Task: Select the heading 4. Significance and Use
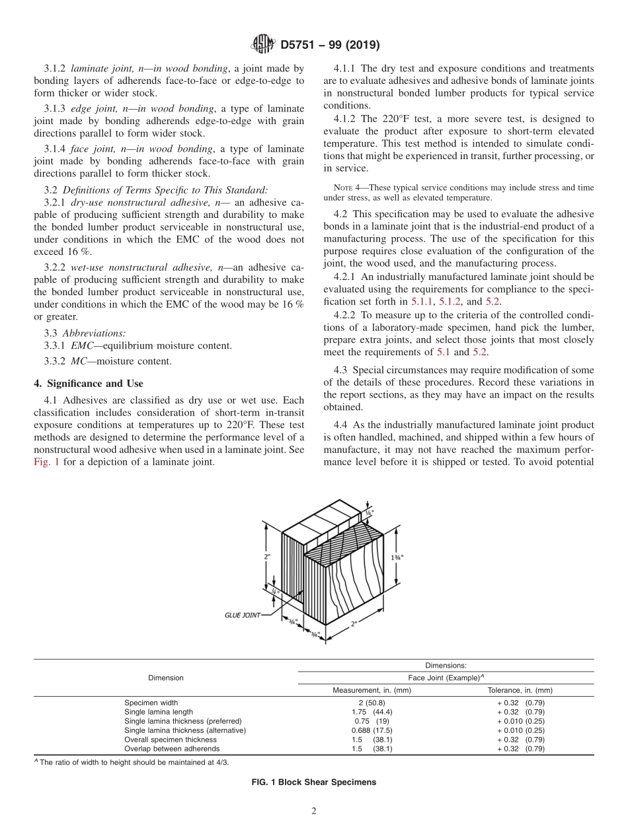[x=89, y=383]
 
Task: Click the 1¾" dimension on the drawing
[x=397, y=557]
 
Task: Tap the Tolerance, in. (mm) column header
[x=520, y=690]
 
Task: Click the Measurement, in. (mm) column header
[x=372, y=690]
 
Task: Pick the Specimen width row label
[x=151, y=703]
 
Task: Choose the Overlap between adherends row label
[x=172, y=749]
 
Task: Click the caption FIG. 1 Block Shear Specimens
[x=313, y=782]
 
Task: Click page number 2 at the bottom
[x=314, y=812]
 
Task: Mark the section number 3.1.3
[x=56, y=108]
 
